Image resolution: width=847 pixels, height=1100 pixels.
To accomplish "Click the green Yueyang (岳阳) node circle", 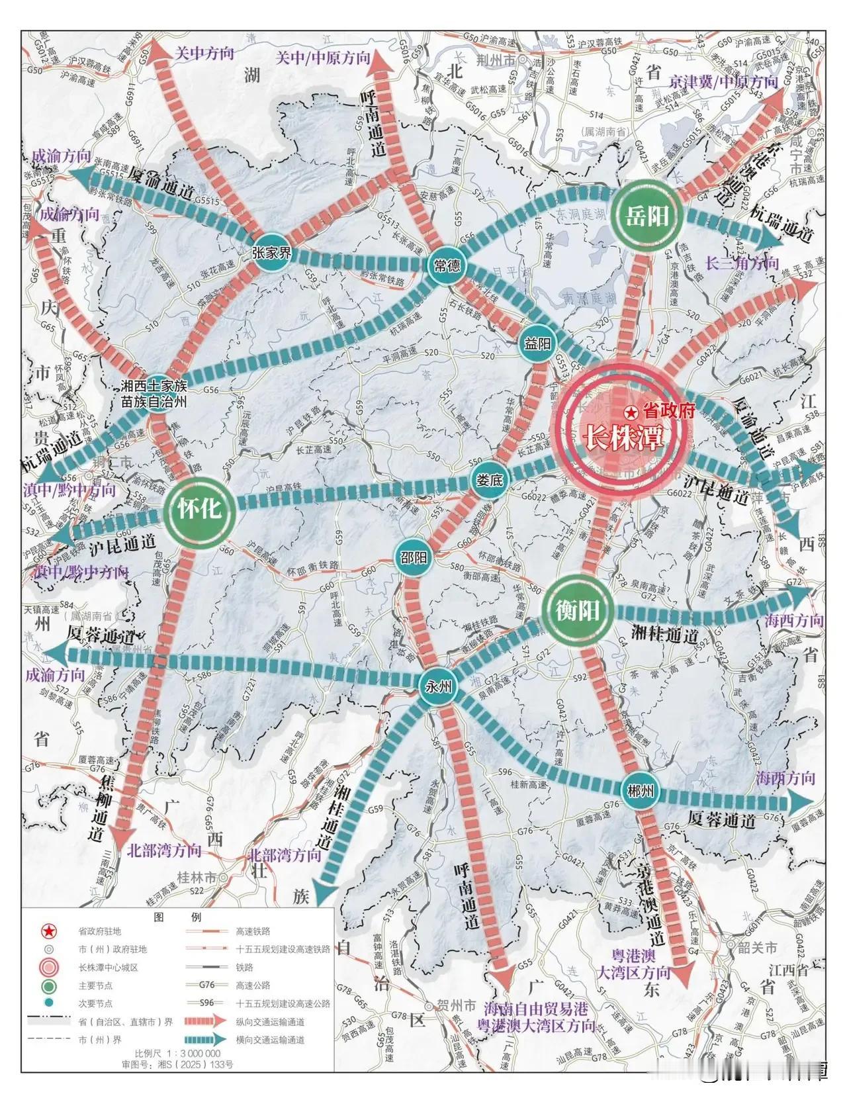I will [646, 216].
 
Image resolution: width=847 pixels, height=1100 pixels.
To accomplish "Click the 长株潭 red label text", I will [621, 438].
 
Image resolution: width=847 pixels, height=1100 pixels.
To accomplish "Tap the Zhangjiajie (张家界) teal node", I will [272, 254].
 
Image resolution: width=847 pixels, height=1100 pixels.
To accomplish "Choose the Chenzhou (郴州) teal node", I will [639, 790].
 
